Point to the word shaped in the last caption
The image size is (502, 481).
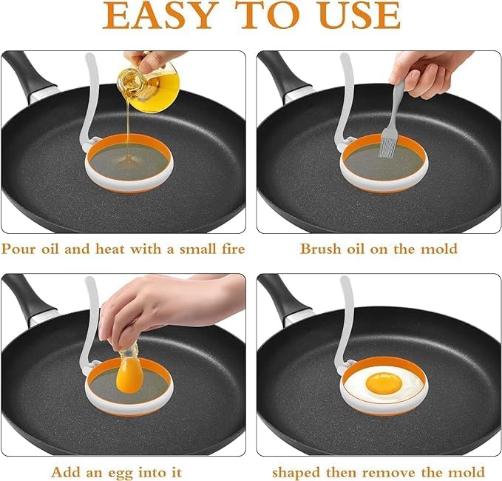(297, 471)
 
